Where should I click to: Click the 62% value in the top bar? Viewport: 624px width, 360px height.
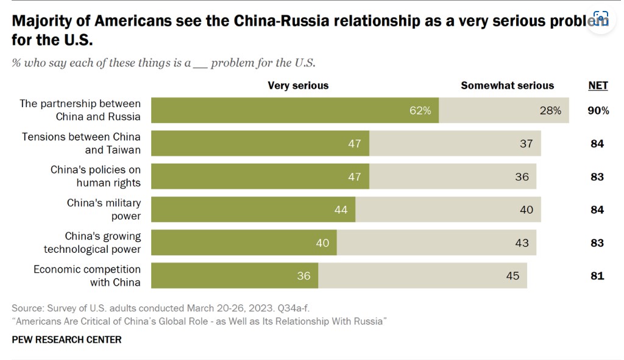point(420,111)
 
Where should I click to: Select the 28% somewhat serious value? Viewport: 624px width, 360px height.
point(550,111)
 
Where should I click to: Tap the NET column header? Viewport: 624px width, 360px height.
point(598,85)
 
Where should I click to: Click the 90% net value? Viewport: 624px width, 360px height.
point(598,111)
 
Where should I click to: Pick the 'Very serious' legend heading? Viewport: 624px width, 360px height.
point(298,85)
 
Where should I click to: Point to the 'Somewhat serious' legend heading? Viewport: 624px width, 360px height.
point(507,85)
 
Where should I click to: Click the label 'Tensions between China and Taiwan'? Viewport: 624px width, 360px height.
point(82,143)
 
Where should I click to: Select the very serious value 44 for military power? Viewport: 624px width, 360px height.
point(341,210)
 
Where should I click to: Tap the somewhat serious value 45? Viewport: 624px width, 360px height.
point(512,276)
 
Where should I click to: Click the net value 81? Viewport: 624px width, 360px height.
point(597,276)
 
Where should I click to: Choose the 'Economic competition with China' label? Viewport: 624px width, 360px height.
point(87,275)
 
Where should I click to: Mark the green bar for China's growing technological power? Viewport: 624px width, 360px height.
point(244,242)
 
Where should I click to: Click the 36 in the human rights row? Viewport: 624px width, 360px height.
point(522,177)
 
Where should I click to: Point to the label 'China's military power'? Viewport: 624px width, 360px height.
point(104,209)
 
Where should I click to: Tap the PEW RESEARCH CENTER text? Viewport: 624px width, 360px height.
point(66,339)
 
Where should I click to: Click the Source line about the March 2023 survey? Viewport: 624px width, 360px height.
point(165,308)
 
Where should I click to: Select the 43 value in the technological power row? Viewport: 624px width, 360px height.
point(522,243)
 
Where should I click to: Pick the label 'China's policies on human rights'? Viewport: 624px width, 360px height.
point(96,176)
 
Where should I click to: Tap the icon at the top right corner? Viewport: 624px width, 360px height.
point(601,18)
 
